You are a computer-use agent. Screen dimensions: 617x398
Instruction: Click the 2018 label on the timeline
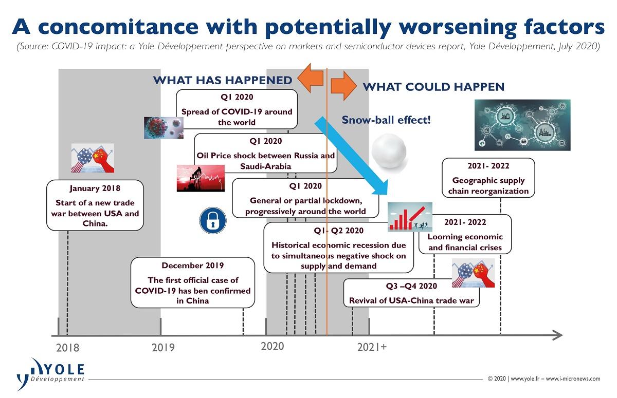67,348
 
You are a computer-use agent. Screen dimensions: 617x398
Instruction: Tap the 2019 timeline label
163,348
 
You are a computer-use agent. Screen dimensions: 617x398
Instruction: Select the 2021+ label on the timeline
372,347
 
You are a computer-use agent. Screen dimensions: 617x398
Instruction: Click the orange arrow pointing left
311,78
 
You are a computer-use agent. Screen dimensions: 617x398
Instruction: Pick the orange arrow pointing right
344,86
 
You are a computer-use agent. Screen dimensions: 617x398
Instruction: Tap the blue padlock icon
213,221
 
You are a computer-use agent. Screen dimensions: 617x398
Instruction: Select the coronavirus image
164,128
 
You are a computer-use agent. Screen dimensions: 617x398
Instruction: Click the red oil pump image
201,178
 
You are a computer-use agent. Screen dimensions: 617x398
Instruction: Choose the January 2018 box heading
95,188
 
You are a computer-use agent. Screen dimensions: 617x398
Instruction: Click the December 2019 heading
192,266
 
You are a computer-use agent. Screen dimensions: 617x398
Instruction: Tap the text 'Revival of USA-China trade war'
411,300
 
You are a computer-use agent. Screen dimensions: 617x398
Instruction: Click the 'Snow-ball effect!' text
386,120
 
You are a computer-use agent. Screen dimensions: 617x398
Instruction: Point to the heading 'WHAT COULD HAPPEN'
433,87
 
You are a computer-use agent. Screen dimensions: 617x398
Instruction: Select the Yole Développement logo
50,374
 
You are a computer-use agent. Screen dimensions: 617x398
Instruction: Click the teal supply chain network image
522,125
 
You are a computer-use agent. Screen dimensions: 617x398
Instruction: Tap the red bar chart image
410,217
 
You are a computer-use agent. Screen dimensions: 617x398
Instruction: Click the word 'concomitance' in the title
118,27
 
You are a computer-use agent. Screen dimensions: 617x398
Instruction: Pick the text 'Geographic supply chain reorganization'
488,186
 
